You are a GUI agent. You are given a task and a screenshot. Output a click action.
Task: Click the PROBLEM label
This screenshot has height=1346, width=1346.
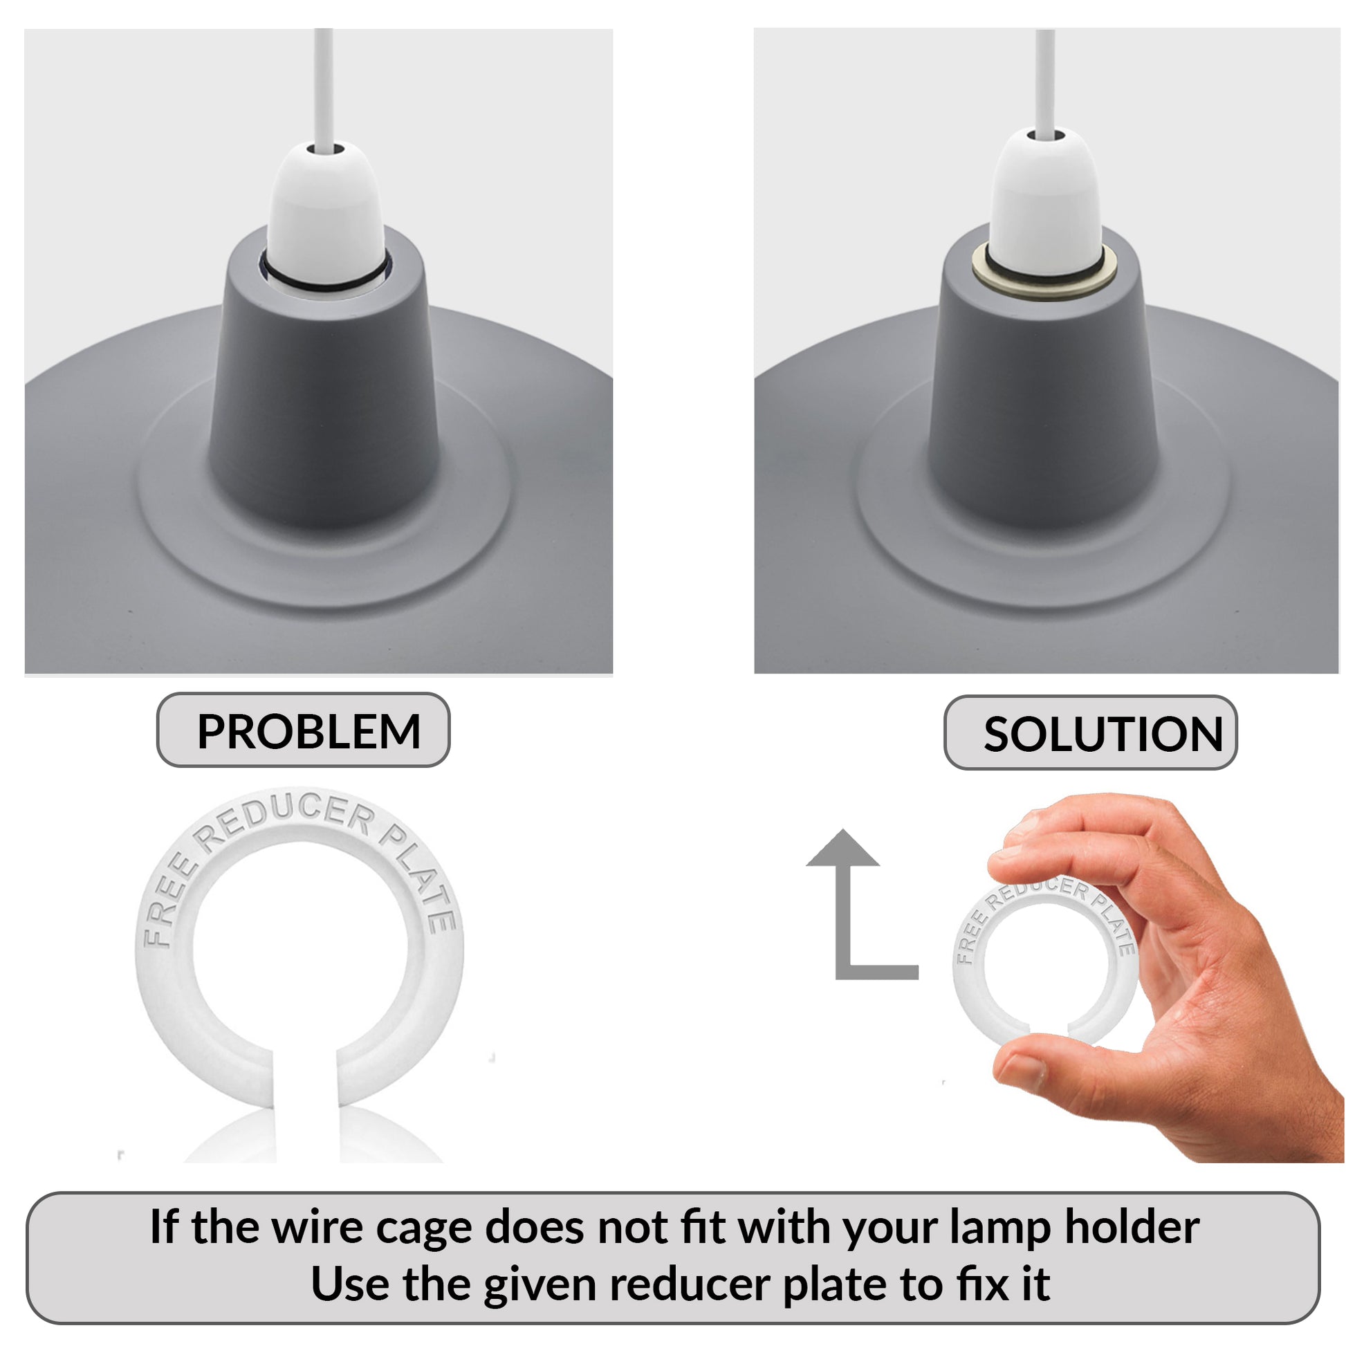tap(303, 730)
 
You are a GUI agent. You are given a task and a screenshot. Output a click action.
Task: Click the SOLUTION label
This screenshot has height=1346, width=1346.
tap(1090, 733)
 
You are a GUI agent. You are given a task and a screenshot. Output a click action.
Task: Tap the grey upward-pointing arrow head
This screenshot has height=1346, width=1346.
tap(842, 849)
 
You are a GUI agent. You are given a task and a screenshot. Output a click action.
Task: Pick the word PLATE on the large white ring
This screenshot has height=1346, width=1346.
tap(418, 876)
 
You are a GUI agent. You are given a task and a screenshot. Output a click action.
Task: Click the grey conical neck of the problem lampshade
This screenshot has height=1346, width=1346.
tap(324, 390)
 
